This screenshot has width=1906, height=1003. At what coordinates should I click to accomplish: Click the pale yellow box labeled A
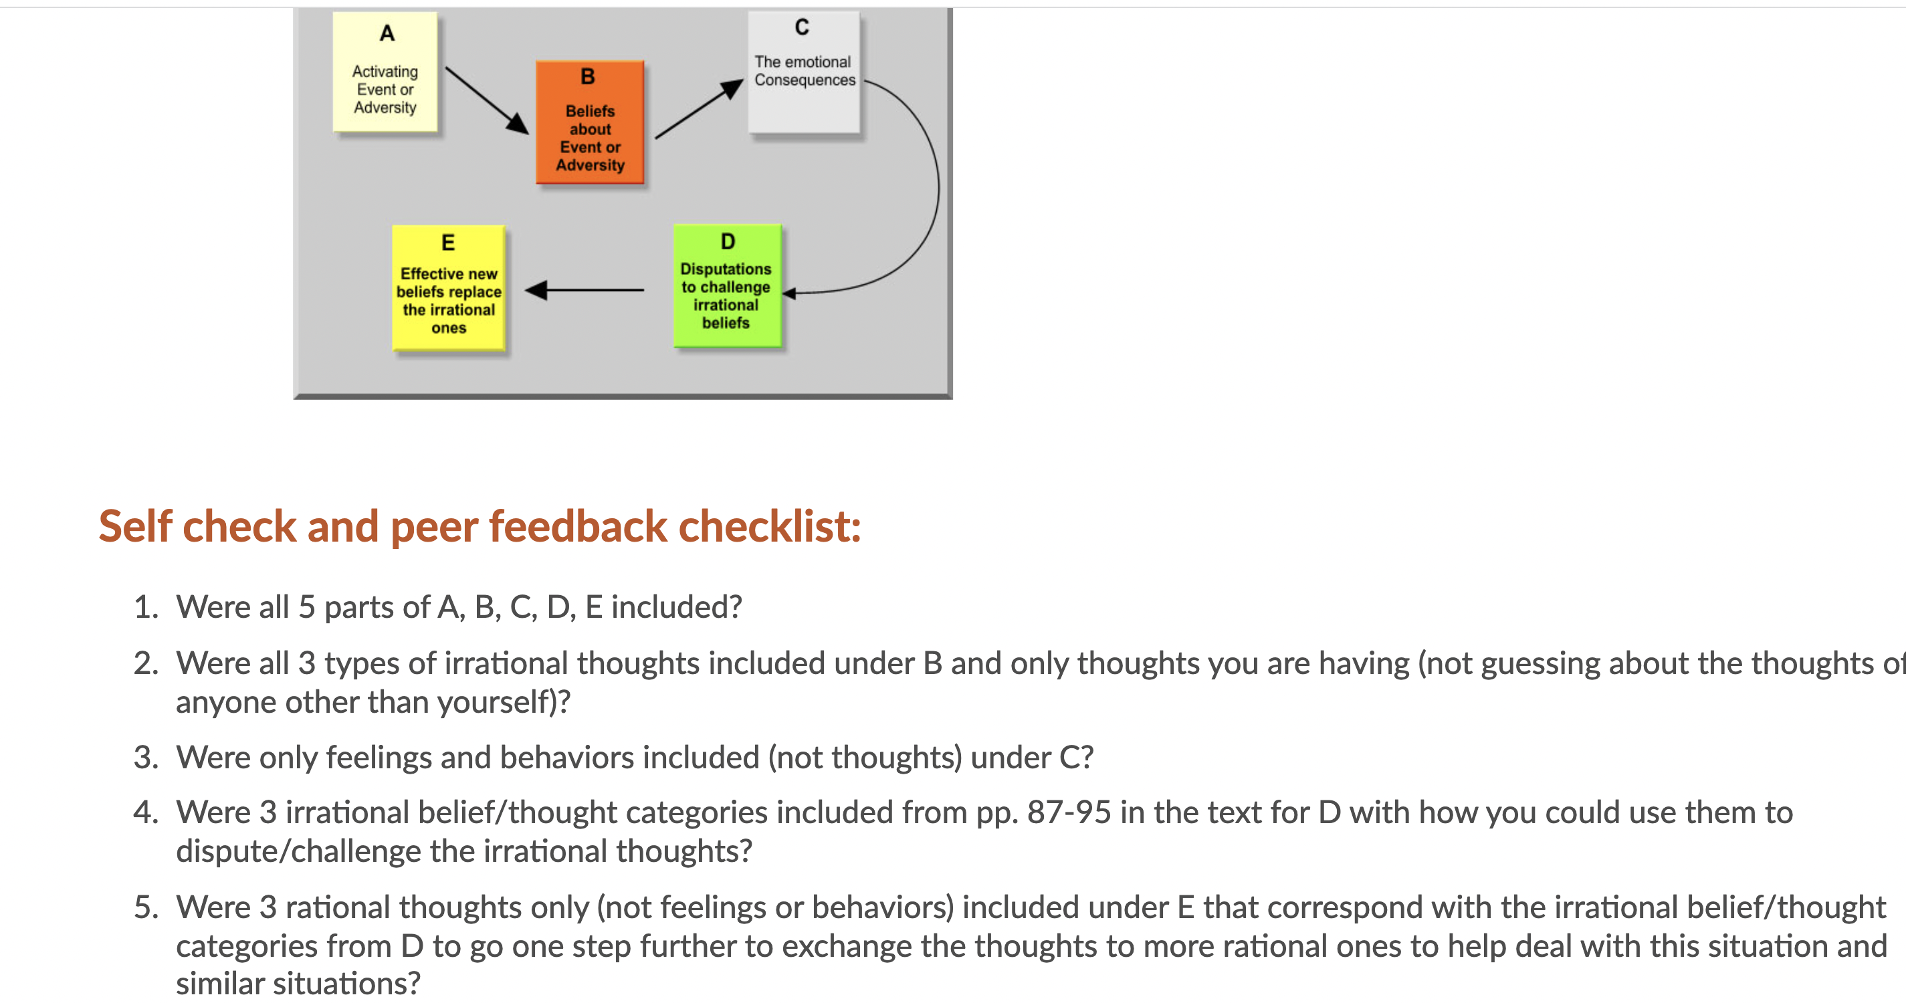pos(385,72)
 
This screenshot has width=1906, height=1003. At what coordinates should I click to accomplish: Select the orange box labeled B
pos(590,122)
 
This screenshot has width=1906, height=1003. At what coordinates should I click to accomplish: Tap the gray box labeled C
pos(804,72)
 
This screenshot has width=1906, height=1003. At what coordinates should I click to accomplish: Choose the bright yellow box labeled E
pos(448,287)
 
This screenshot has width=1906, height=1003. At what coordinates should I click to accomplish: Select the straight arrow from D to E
pos(584,290)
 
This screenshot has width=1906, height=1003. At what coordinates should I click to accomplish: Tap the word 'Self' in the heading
pos(135,527)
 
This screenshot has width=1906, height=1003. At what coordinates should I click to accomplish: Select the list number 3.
pos(146,758)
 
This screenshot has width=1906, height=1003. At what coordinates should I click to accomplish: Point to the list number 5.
pos(146,907)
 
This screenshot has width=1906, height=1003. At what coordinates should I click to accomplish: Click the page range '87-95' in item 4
pos(1069,813)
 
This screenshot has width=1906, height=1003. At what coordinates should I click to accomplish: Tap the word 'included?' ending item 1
pos(676,607)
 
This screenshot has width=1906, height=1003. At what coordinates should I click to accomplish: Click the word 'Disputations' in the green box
pos(726,269)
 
